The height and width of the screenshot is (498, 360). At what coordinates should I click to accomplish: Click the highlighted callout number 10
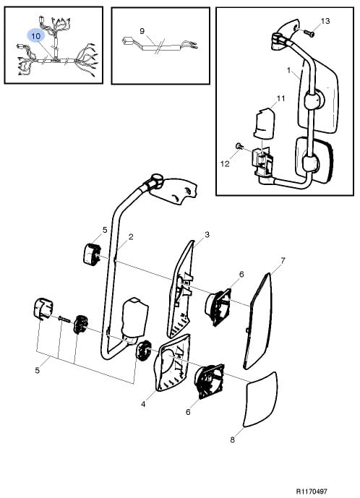36,36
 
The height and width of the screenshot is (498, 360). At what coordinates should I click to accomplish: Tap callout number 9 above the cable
142,31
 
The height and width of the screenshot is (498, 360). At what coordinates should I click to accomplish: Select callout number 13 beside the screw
325,21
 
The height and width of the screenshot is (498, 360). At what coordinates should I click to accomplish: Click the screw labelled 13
309,33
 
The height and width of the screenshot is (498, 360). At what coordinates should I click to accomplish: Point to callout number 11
281,98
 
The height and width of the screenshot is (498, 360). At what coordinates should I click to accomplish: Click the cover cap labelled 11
264,123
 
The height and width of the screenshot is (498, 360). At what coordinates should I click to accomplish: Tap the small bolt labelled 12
239,146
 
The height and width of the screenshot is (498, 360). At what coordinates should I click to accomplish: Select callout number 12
225,164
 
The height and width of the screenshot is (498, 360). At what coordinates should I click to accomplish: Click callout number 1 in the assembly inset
289,69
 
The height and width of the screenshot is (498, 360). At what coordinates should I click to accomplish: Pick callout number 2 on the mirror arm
131,236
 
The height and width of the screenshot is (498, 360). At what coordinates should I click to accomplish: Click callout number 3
207,235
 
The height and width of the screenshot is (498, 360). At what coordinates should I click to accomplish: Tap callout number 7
283,261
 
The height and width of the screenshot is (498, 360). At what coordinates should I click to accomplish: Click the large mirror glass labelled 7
258,321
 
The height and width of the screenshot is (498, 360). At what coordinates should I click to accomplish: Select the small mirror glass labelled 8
260,400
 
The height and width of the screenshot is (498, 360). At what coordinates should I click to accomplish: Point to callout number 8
232,440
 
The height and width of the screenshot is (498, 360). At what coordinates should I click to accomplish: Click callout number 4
143,404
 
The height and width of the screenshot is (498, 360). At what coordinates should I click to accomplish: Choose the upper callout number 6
241,274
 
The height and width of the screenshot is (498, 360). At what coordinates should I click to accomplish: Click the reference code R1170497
312,491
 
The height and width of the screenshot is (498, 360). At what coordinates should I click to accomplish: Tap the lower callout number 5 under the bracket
38,370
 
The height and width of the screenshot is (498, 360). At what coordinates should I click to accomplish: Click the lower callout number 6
188,412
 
